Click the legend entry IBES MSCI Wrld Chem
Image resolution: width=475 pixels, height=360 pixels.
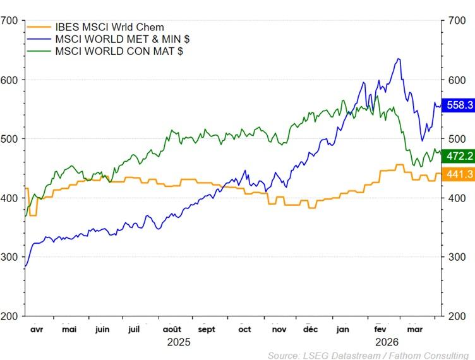point(109,27)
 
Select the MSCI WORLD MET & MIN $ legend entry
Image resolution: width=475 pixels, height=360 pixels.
point(123,39)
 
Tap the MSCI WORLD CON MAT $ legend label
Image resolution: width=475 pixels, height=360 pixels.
point(119,51)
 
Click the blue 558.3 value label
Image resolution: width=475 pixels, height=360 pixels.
point(459,105)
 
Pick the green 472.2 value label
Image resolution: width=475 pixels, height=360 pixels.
point(459,156)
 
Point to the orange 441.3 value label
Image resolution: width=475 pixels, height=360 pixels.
point(459,174)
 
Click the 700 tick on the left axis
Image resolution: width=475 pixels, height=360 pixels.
point(9,21)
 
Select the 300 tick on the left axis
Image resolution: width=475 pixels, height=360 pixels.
point(9,257)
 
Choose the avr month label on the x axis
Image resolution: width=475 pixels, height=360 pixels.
point(37,329)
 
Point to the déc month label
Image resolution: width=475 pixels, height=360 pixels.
point(310,329)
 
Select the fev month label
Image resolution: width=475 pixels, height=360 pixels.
point(381,329)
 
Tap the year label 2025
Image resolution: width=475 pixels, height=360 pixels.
point(179,342)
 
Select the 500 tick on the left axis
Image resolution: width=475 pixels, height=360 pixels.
point(9,139)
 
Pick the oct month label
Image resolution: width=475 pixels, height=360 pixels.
point(244,329)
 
